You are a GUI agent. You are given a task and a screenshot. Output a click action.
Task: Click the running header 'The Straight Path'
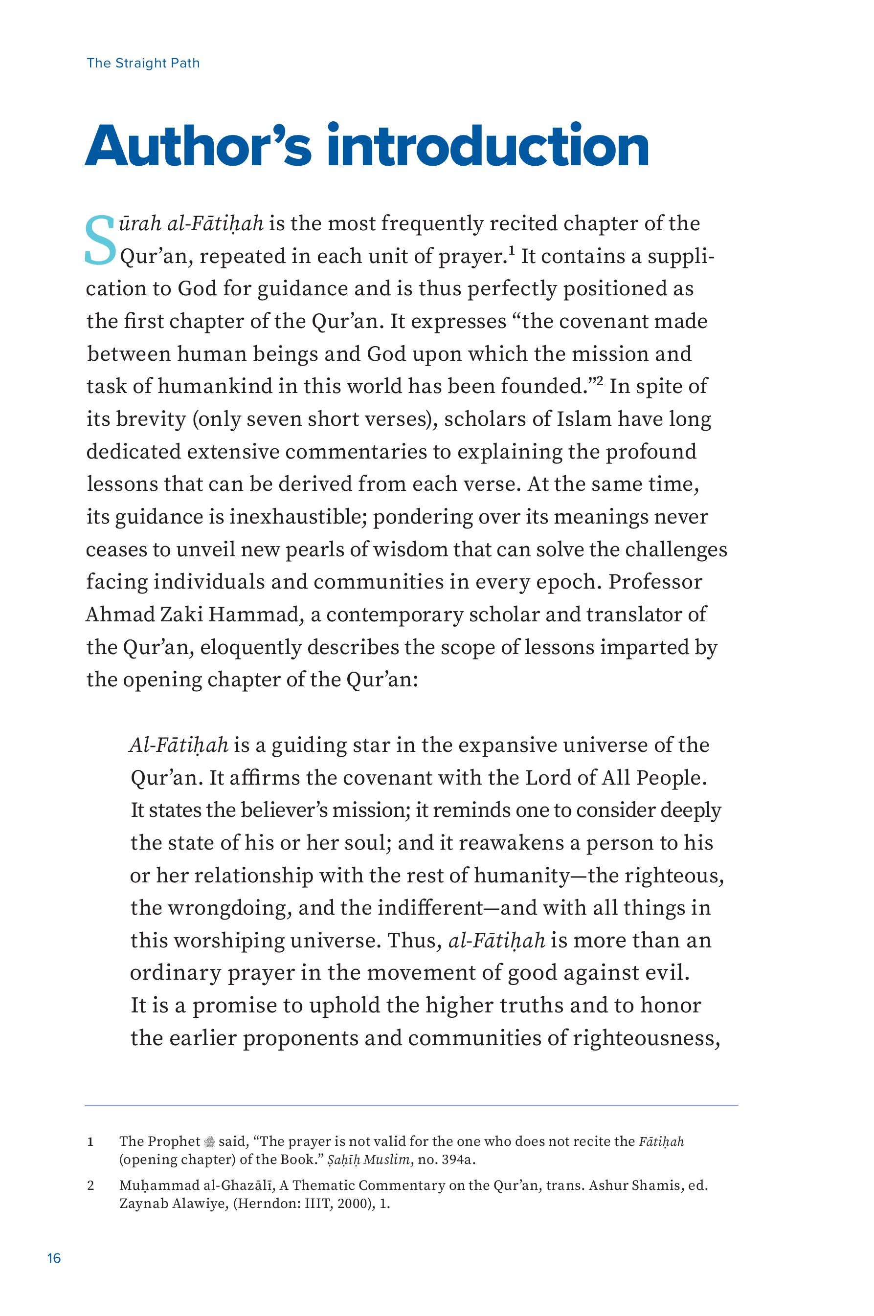point(143,63)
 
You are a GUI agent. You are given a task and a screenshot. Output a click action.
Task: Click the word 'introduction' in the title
point(488,146)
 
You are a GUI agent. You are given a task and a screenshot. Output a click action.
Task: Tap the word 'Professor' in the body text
point(656,582)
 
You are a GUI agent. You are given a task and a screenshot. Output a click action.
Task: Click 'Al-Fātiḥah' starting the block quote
point(179,745)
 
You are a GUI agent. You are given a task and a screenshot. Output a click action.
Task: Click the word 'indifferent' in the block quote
point(430,908)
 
